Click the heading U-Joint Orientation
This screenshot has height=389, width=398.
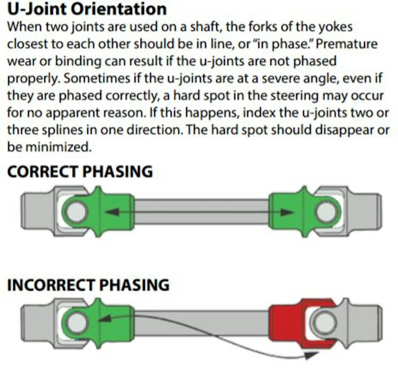click(87, 9)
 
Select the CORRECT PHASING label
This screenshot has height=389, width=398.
click(80, 172)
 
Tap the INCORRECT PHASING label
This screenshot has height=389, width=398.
click(88, 285)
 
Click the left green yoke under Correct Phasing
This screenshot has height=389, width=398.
click(109, 212)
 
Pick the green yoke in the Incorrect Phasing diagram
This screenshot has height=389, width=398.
click(109, 323)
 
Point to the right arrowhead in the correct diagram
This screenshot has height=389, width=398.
click(287, 212)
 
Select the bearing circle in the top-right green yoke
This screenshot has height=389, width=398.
click(327, 212)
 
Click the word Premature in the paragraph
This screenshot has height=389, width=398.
click(347, 44)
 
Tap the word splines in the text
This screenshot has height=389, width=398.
click(62, 130)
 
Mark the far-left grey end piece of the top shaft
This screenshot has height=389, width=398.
click(35, 212)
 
